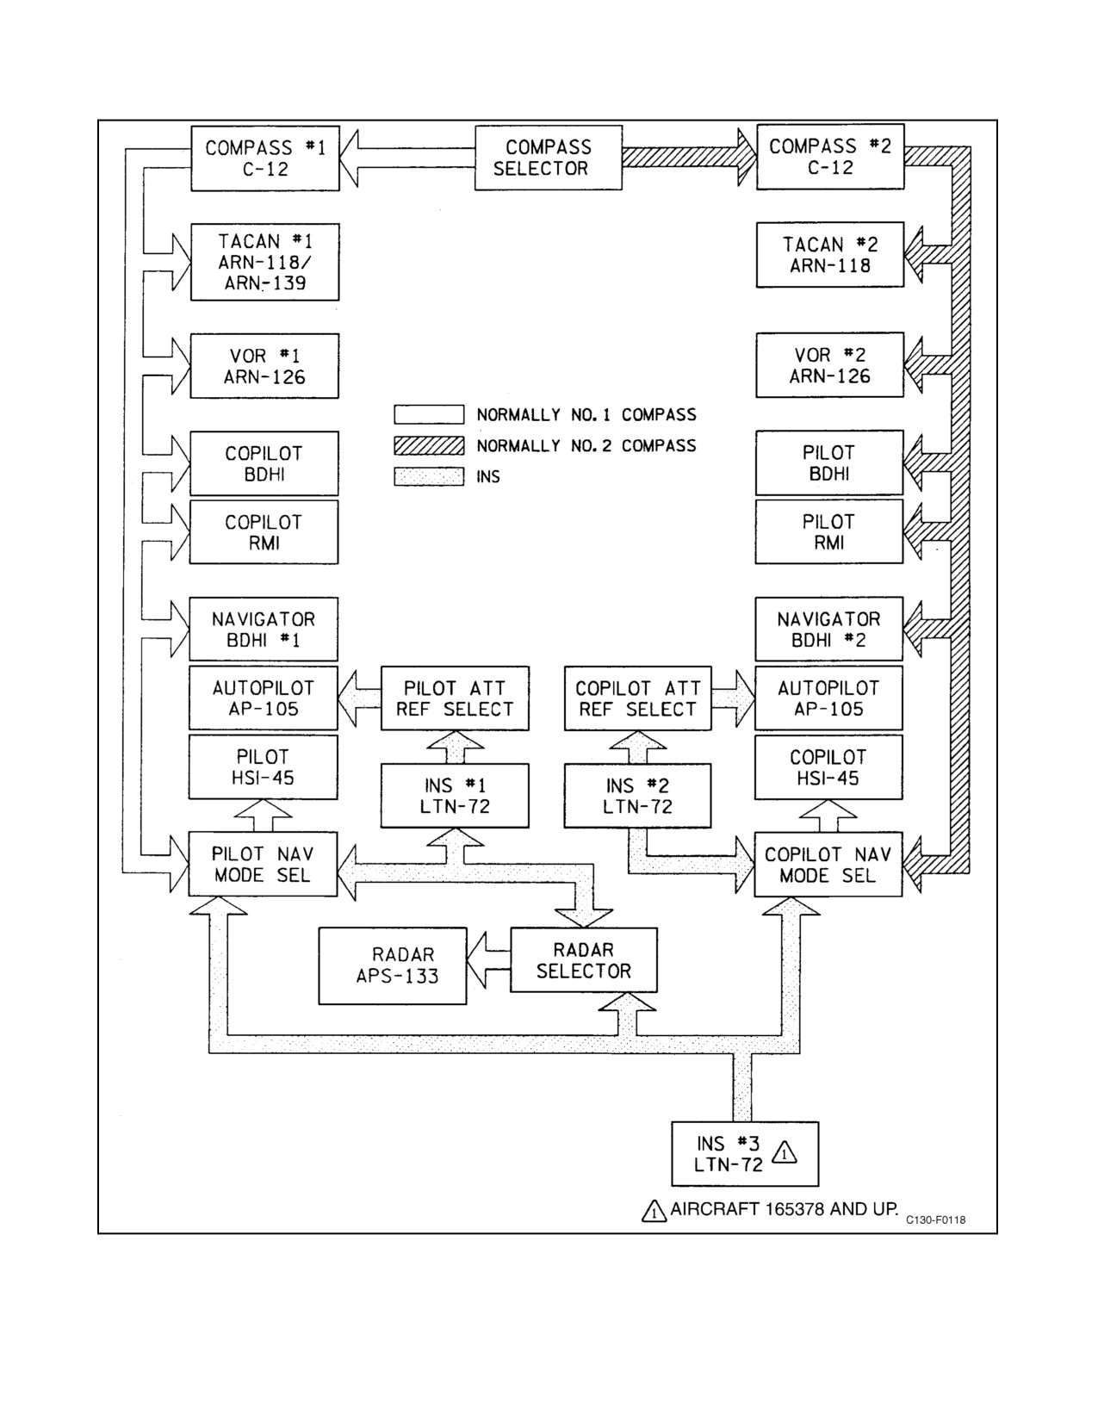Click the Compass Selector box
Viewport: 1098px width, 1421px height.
click(548, 158)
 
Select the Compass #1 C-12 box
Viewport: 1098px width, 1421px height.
click(265, 158)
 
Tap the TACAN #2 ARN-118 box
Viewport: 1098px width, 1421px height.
click(830, 254)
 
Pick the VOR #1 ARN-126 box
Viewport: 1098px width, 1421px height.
click(264, 366)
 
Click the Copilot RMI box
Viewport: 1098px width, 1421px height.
click(264, 532)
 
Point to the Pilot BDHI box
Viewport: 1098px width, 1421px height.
click(829, 462)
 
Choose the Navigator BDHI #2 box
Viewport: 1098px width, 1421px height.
click(828, 629)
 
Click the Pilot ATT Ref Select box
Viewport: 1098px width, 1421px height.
click(456, 698)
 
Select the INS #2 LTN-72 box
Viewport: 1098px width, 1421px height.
click(637, 796)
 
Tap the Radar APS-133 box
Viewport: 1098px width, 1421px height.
click(393, 966)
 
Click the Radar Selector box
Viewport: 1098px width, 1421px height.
click(583, 960)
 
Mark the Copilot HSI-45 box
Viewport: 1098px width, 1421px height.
click(828, 767)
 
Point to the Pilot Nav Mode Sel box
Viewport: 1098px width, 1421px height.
click(263, 864)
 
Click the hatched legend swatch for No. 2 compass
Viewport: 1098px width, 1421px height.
click(429, 445)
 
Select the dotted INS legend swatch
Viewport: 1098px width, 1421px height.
click(429, 476)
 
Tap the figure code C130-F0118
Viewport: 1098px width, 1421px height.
click(935, 1219)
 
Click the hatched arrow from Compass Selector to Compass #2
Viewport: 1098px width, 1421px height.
click(689, 158)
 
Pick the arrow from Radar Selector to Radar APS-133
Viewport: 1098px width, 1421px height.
click(488, 960)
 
